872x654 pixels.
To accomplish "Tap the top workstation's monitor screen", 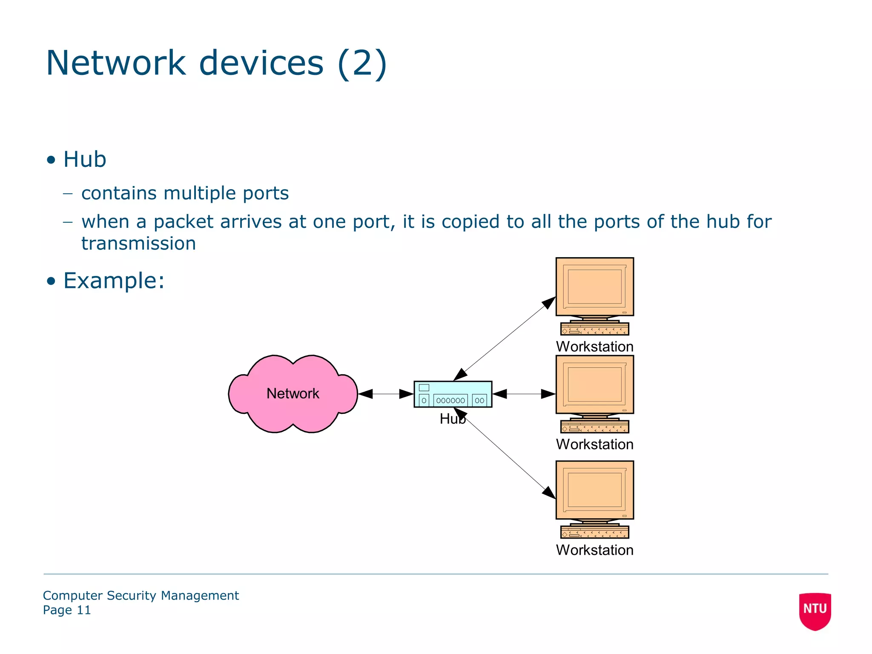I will [594, 286].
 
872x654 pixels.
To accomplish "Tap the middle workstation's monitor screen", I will [594, 384].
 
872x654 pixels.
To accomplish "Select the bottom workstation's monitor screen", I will [594, 490].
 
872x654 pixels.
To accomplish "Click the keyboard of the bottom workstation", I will [594, 533].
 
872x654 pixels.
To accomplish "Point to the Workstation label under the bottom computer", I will [594, 550].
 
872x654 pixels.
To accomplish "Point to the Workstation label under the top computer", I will [594, 347].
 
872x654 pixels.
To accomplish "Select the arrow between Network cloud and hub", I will [386, 394].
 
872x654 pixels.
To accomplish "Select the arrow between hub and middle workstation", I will [524, 394].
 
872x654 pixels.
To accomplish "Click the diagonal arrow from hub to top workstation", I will [505, 338].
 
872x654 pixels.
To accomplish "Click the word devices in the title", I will [261, 63].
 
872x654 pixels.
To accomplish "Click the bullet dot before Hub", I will [51, 160].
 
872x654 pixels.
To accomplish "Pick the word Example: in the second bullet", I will [114, 281].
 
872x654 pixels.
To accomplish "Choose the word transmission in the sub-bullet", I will [138, 244].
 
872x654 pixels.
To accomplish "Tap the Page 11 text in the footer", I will [67, 610].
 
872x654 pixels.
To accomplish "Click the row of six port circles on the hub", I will [450, 401].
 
